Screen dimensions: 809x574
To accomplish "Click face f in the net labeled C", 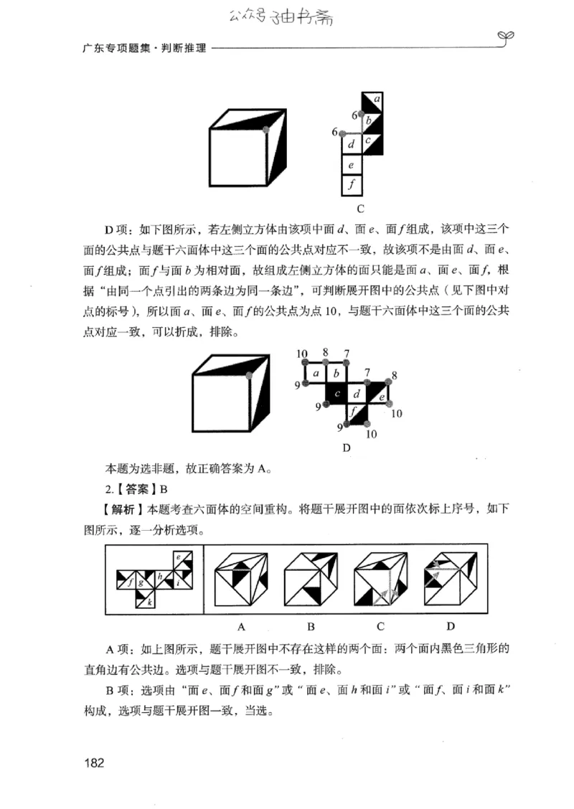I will tap(352, 185).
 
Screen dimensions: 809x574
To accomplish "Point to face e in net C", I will tap(352, 165).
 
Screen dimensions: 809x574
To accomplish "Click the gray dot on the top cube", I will tap(266, 130).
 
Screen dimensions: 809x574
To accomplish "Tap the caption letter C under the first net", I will tap(360, 209).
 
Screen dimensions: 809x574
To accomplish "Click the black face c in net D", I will tap(336, 393).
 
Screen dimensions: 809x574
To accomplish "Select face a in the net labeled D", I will tap(315, 374).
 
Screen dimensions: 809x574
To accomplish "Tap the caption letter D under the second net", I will tap(347, 448).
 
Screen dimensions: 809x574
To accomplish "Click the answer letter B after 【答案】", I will tap(164, 490).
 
